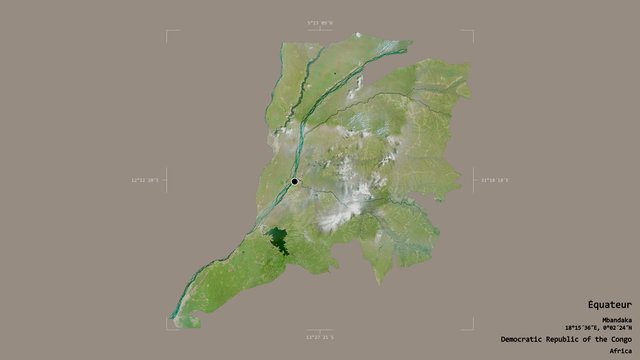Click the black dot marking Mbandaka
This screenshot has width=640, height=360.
pos(295,181)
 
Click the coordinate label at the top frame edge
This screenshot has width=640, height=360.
pos(320,22)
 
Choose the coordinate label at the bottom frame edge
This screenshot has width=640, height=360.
pos(320,337)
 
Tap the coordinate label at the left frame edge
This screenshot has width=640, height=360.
pos(146,180)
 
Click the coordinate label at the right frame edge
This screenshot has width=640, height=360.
pos(494,180)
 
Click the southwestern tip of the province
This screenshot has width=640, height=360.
pos(175,317)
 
